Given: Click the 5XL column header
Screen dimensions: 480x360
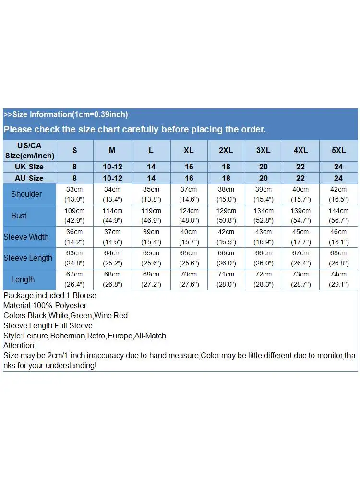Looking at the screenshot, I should click(x=338, y=150).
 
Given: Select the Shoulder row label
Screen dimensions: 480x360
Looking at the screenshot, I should click(x=26, y=194).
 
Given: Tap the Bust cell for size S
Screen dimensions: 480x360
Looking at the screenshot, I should click(x=74, y=216).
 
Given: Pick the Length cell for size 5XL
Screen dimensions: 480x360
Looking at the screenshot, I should click(x=338, y=279).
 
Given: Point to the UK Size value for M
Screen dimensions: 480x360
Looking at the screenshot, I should click(x=112, y=167).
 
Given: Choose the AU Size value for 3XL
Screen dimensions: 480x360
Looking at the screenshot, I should click(x=263, y=178).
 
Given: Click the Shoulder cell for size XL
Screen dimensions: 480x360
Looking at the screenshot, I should click(x=189, y=194).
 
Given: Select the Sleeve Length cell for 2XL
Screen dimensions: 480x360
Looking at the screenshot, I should click(x=226, y=258).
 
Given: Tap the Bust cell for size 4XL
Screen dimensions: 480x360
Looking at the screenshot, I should click(x=301, y=216).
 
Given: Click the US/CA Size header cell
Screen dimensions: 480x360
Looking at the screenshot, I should click(x=29, y=150).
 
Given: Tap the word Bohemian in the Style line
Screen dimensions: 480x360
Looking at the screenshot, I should click(x=68, y=336).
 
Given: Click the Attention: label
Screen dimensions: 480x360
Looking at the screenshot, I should click(x=20, y=345).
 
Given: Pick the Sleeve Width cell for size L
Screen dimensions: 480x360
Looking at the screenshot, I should click(x=151, y=237).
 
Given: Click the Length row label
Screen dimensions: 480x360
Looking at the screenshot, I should click(x=23, y=279).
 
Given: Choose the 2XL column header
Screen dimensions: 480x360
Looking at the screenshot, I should click(x=226, y=150).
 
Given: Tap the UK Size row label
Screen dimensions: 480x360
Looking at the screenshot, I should click(x=29, y=167).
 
